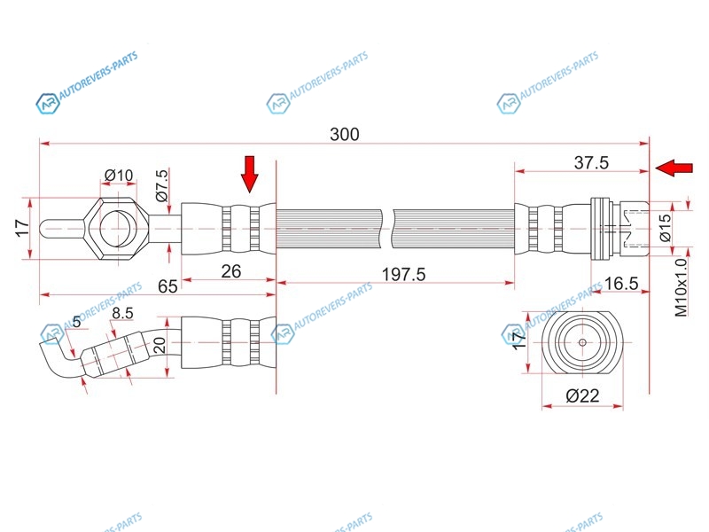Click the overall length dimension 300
point(345,135)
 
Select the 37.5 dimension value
point(591,162)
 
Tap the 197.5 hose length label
point(404,274)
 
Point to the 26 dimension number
point(231,271)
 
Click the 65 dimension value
point(168,286)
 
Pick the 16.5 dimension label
point(621,284)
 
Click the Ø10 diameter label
point(119,175)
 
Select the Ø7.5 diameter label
point(162,185)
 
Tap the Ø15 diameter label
point(666,228)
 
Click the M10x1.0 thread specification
point(681,287)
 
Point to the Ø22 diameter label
point(582,395)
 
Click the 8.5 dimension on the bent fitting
point(122,313)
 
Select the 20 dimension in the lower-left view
point(160,346)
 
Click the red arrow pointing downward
point(249,174)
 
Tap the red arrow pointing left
point(674,168)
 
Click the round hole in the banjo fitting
point(118,229)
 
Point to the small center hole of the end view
point(582,342)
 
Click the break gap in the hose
point(387,229)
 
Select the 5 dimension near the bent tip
point(76,322)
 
